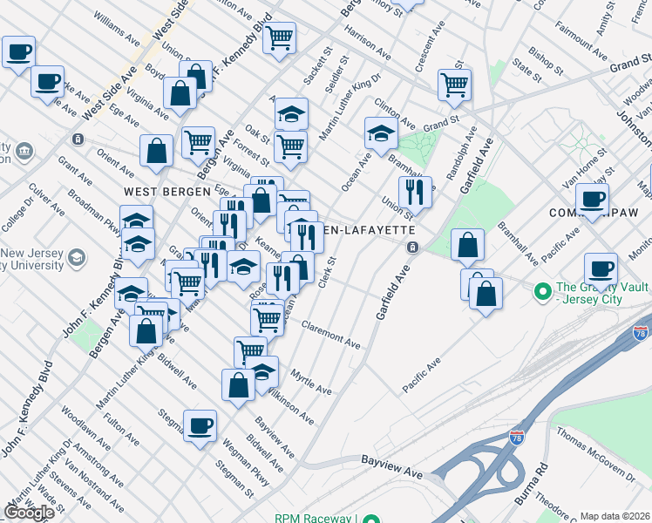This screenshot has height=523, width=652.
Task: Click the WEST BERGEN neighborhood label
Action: coord(166,191)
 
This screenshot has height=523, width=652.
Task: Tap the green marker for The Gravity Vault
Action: coord(541,289)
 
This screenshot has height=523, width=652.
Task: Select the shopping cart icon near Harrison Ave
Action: coord(280,37)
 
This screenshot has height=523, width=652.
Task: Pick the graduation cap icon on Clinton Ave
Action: coord(381,133)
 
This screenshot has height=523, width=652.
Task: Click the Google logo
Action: coord(29,513)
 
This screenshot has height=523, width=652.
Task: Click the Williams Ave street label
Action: coord(116,29)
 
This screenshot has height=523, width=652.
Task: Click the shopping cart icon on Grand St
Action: coord(454,85)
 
